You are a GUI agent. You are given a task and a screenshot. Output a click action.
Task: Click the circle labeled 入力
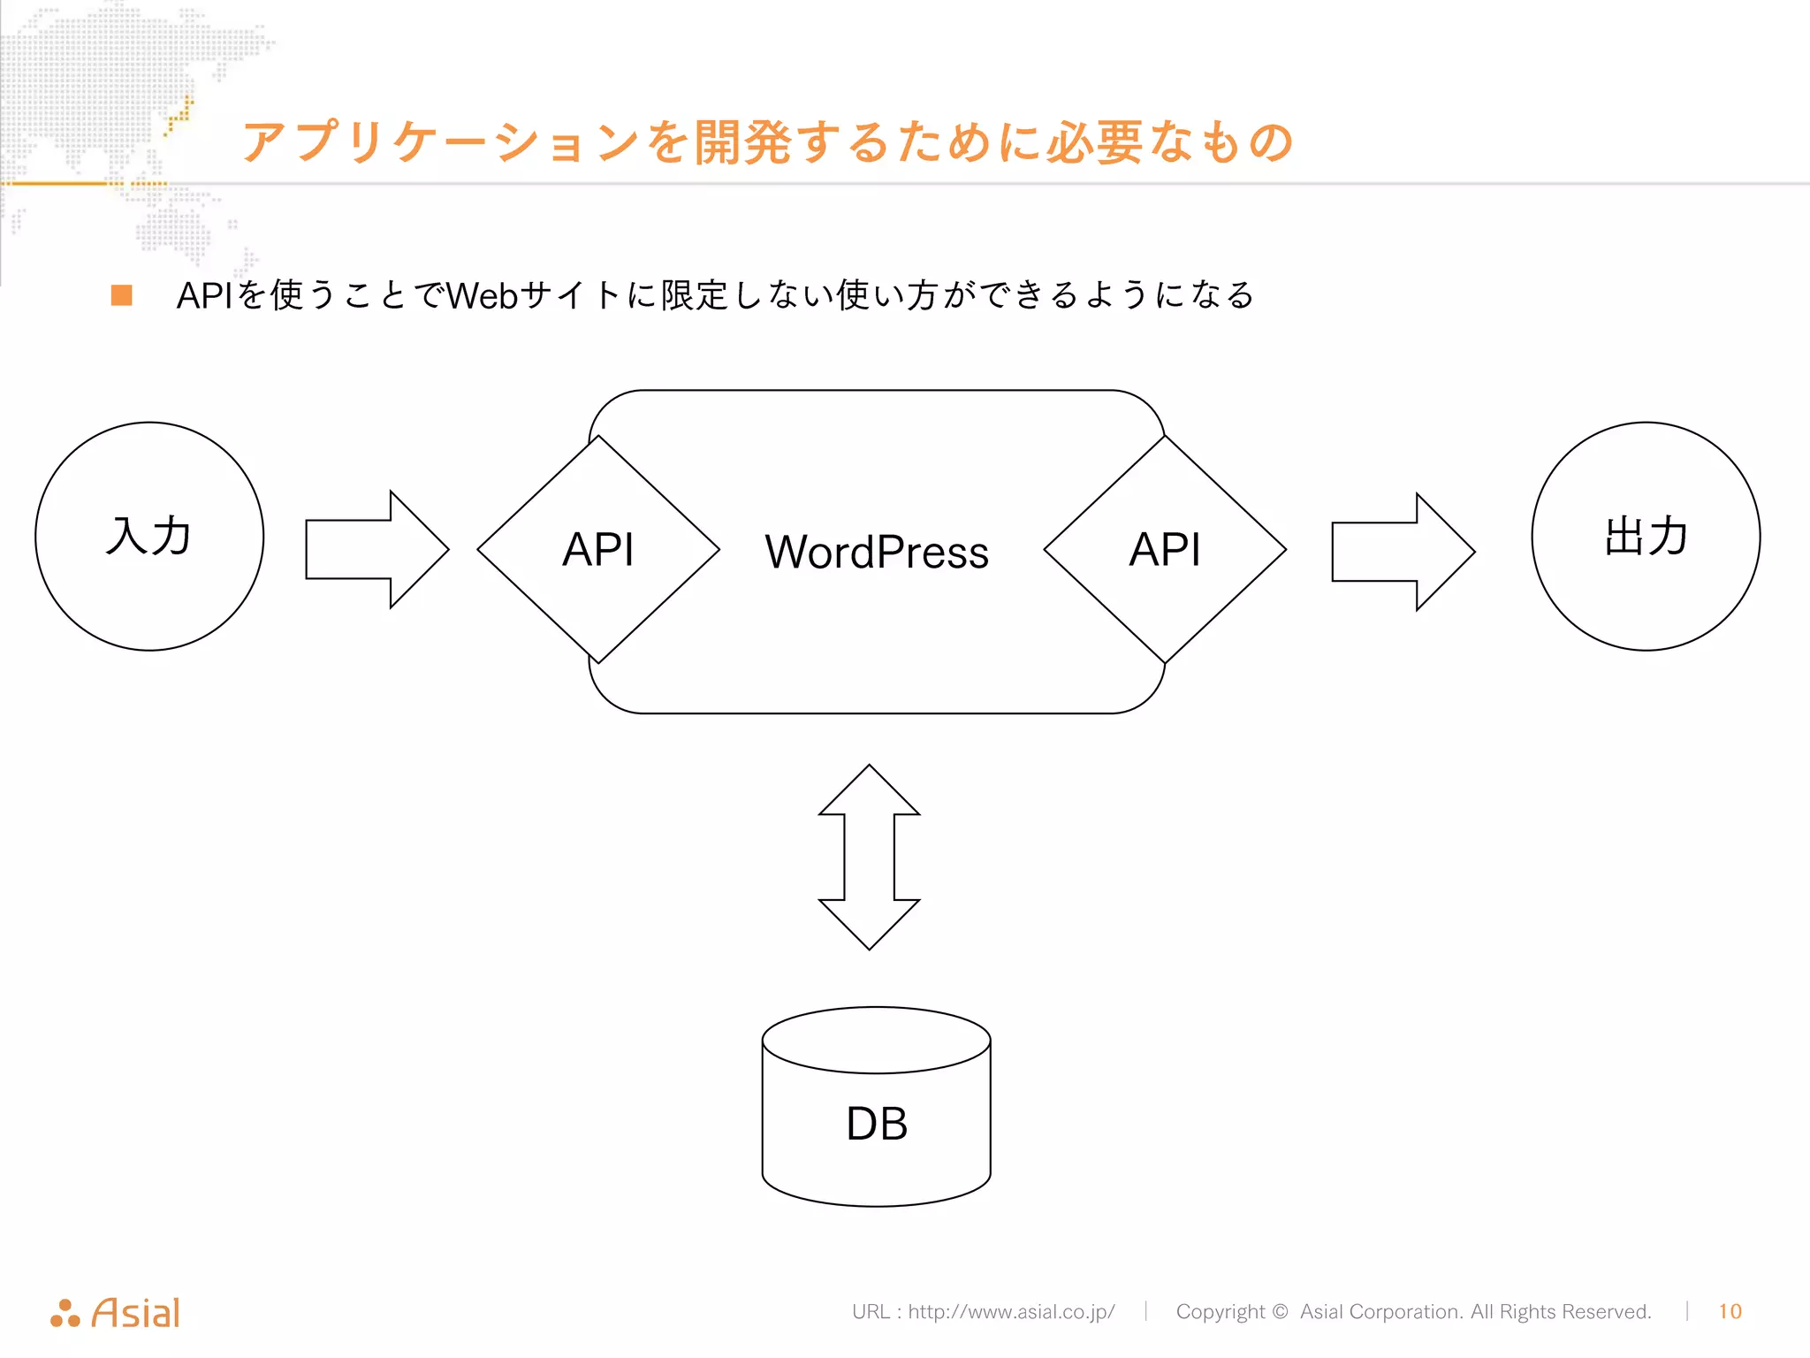[149, 537]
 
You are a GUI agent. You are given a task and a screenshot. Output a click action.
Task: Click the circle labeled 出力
[1646, 537]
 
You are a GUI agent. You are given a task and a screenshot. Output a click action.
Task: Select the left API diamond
[598, 549]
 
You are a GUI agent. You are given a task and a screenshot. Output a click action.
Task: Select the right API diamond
[1165, 549]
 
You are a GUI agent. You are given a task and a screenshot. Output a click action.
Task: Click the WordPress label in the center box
[876, 553]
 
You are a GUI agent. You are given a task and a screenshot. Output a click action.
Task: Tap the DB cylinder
[876, 1123]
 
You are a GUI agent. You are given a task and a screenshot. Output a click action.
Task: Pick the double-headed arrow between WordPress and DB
[870, 857]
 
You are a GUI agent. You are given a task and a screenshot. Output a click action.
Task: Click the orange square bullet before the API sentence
[122, 295]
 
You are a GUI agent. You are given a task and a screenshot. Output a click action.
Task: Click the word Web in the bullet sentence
[482, 295]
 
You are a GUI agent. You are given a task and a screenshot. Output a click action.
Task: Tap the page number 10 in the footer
[1730, 1311]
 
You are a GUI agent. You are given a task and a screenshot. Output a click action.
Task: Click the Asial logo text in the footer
[136, 1313]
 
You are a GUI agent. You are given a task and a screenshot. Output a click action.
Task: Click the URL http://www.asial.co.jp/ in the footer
[1011, 1311]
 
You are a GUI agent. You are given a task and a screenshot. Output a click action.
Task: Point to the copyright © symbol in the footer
[1280, 1311]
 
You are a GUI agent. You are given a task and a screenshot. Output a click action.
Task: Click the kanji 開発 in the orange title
[742, 142]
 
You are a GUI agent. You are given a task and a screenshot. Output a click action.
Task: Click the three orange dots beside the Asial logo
[65, 1314]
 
